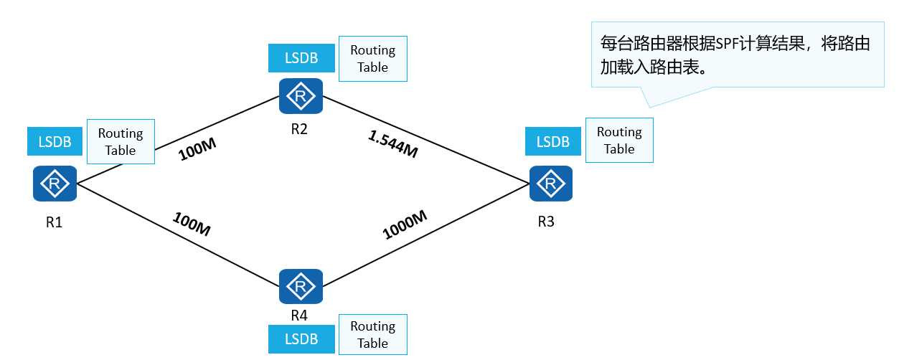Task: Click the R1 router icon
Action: (55, 184)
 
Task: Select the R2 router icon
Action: (301, 95)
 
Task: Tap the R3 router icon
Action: (551, 184)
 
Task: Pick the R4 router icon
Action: (301, 287)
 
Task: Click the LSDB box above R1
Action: (55, 141)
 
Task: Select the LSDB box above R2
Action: (301, 58)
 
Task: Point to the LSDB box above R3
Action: (552, 141)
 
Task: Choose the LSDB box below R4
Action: (301, 339)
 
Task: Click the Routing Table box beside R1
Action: (121, 141)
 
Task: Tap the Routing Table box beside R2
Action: (372, 59)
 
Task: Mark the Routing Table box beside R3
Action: (619, 141)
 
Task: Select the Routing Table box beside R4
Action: (372, 335)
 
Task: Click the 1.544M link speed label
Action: (392, 143)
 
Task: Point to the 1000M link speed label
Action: (405, 225)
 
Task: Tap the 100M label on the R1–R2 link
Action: (197, 148)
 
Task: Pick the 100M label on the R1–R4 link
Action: (192, 224)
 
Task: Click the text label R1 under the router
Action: (55, 222)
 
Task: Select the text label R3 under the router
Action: (546, 222)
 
